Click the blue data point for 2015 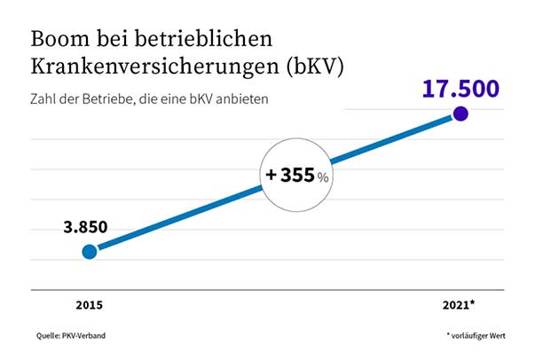tap(89, 252)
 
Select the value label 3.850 tap(85, 227)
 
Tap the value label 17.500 tap(460, 90)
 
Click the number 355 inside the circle tap(298, 176)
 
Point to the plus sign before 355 tap(271, 176)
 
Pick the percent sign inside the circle tap(324, 177)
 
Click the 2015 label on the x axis tap(89, 304)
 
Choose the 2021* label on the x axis tap(460, 304)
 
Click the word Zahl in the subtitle tap(43, 98)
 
